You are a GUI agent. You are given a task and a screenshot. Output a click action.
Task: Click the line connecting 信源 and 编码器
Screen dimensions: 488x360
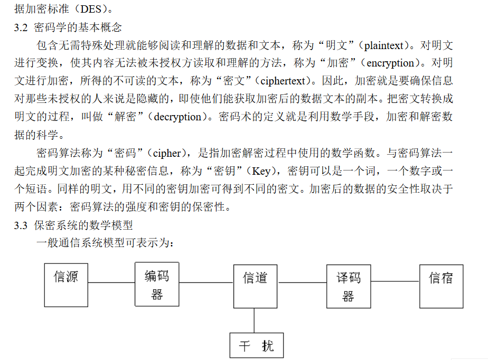[x=111, y=282]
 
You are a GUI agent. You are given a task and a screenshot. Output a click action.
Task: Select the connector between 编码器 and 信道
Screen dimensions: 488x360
[x=207, y=282]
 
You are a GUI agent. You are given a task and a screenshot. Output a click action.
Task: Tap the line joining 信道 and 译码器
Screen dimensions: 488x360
[x=302, y=282]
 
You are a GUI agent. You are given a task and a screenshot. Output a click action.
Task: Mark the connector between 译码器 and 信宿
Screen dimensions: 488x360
[x=395, y=281]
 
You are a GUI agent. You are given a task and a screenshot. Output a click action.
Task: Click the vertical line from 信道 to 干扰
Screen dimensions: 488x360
[x=254, y=320]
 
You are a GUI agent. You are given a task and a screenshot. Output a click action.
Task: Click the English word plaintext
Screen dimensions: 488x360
[x=384, y=46]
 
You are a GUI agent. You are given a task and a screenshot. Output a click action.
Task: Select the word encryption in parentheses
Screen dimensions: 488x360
[x=390, y=63]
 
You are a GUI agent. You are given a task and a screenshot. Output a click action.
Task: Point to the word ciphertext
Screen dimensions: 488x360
[x=283, y=81]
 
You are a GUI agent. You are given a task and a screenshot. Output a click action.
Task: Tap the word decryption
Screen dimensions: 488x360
[x=177, y=117]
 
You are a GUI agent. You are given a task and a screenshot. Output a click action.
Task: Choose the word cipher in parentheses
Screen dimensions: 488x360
[x=167, y=154]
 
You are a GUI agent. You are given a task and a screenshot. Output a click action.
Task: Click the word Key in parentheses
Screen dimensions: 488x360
[x=261, y=171]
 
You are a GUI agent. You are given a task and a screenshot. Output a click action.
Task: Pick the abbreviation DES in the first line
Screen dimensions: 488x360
[x=91, y=9]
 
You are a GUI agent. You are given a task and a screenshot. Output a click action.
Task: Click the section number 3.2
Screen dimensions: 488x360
[x=21, y=27]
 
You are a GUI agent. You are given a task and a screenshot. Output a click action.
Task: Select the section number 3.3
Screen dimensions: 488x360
[x=21, y=225]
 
